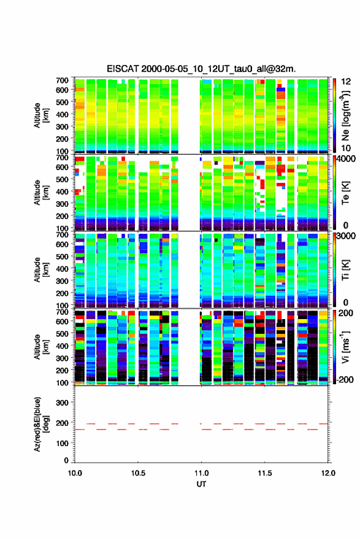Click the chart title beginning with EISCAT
tap(201, 69)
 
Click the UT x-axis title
tap(201, 484)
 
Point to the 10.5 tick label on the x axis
tap(138, 473)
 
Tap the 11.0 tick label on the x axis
tap(201, 473)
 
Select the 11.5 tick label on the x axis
tap(265, 473)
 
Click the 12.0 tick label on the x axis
tap(328, 473)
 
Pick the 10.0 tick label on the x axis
tap(75, 473)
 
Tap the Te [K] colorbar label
tap(345, 193)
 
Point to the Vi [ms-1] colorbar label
tap(345, 347)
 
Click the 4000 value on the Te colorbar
tap(347, 160)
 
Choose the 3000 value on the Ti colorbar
tap(347, 236)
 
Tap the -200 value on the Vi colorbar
tap(345, 379)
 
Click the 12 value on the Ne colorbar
tap(347, 82)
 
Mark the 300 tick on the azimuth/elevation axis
tap(62, 403)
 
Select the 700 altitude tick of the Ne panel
tap(62, 80)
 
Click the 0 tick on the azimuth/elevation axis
tap(66, 460)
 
